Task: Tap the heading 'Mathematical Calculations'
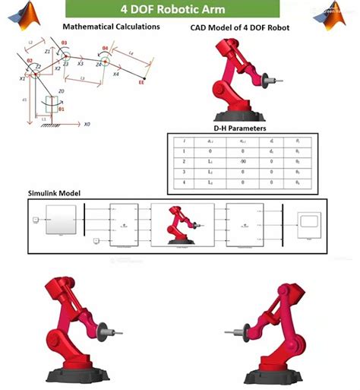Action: pyautogui.click(x=111, y=27)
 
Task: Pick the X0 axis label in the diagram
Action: pyautogui.click(x=87, y=124)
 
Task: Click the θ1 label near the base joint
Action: pyautogui.click(x=62, y=109)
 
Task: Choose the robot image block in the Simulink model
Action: pyautogui.click(x=178, y=224)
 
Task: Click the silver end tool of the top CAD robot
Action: pyautogui.click(x=267, y=77)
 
